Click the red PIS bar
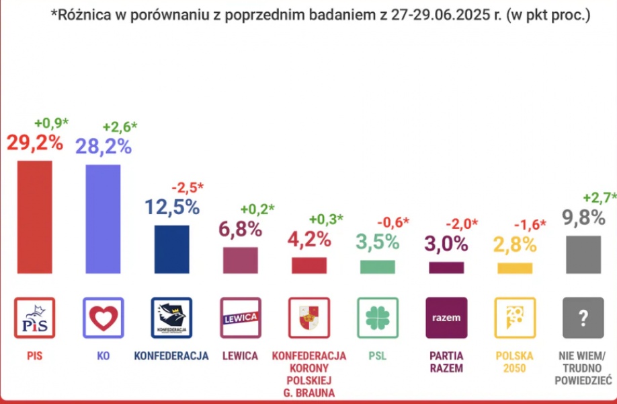point(34,216)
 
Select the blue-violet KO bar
point(103,219)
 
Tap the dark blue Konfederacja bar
point(171,249)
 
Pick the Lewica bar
point(240,260)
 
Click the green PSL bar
point(377,267)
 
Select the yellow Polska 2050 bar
point(514,268)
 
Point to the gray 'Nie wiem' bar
point(583,255)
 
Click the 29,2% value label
point(34,143)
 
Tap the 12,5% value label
point(171,207)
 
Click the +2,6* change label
point(120,126)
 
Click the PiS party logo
point(34,318)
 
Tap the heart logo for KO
point(103,318)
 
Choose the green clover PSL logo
point(377,318)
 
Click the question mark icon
point(583,318)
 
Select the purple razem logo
point(446,318)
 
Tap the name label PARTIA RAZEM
point(446,362)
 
